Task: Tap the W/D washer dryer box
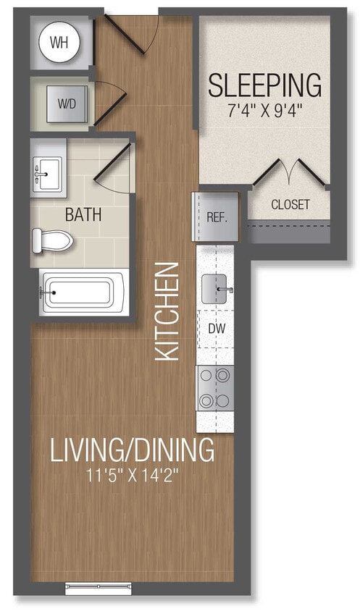pyautogui.click(x=66, y=104)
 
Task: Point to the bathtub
pyautogui.click(x=78, y=292)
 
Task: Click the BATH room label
pyautogui.click(x=83, y=215)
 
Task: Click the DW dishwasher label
pyautogui.click(x=216, y=328)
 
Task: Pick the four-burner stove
pyautogui.click(x=215, y=389)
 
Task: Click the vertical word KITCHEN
pyautogui.click(x=168, y=311)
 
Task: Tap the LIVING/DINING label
pyautogui.click(x=132, y=450)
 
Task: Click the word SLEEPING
pyautogui.click(x=264, y=85)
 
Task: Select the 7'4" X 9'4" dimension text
pyautogui.click(x=264, y=112)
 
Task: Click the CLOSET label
pyautogui.click(x=290, y=205)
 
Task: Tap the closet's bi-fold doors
pyautogui.click(x=289, y=174)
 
